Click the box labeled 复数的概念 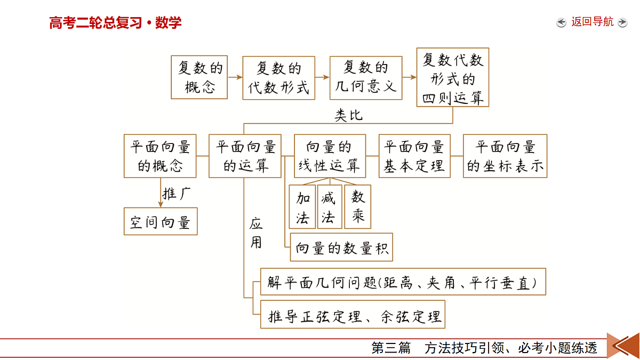click(x=199, y=77)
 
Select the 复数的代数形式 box click(x=278, y=78)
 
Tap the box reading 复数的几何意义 click(x=366, y=78)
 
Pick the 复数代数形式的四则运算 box click(x=453, y=77)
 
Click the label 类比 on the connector click(x=349, y=115)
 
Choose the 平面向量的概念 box click(x=160, y=156)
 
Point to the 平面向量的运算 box click(x=245, y=156)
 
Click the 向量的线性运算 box click(x=330, y=156)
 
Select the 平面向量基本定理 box click(x=414, y=156)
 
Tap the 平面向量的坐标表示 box click(x=505, y=156)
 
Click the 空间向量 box click(x=161, y=221)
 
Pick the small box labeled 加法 click(x=302, y=207)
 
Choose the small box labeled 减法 click(x=330, y=207)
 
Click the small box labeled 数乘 click(x=358, y=207)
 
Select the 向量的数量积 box click(x=341, y=247)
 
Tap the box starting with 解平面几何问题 click(x=403, y=282)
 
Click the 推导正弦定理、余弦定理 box click(x=353, y=314)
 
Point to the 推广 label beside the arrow click(x=177, y=194)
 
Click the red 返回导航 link click(x=593, y=22)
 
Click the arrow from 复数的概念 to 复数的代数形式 click(x=235, y=77)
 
